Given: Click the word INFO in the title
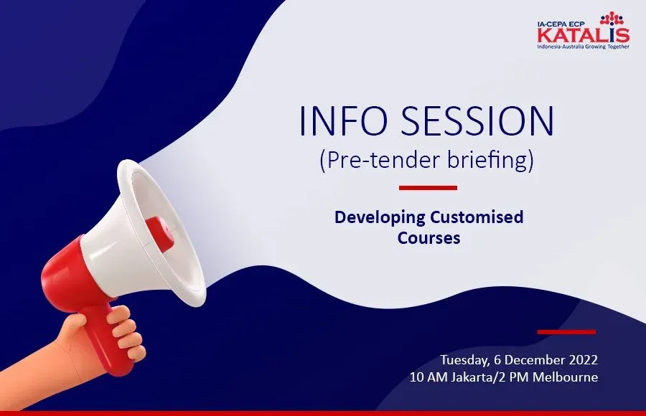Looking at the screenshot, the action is coord(343,120).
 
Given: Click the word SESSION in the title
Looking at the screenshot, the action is coord(478,120).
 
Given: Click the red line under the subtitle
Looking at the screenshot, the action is coord(428,188).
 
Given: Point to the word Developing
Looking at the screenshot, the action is coord(380,217).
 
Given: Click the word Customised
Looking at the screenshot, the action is coord(477,217).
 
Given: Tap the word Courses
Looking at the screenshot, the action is coord(429,237).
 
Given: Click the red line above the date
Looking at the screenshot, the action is coord(566,331).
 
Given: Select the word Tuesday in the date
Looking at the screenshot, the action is coord(464,360).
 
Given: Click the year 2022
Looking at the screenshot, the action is coord(584,359).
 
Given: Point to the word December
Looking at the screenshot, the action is coord(535,359).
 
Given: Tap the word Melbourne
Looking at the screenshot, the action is coord(566,377).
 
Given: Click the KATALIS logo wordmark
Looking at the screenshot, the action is coord(584,35).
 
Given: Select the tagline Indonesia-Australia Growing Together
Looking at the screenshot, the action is coord(583,47).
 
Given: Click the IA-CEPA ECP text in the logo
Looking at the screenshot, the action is coord(561,24).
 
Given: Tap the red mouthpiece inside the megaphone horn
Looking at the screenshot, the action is coord(159,234).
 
